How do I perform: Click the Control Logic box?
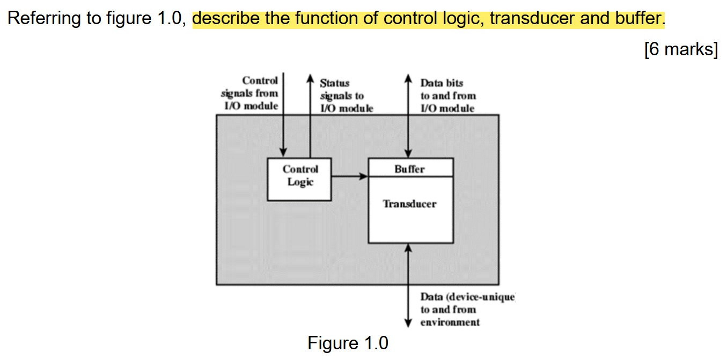click(299, 179)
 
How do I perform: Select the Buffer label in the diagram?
click(409, 169)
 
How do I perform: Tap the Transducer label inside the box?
click(409, 204)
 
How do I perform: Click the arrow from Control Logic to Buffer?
click(349, 176)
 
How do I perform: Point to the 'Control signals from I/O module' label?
click(251, 93)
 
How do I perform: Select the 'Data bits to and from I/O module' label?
click(448, 96)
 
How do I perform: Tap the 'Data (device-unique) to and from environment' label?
click(467, 310)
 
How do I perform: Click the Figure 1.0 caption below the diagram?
click(348, 343)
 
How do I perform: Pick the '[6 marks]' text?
click(680, 49)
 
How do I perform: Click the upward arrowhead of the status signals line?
click(310, 78)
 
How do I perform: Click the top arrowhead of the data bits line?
click(409, 78)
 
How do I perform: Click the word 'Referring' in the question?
click(42, 19)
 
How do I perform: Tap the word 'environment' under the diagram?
click(450, 322)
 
